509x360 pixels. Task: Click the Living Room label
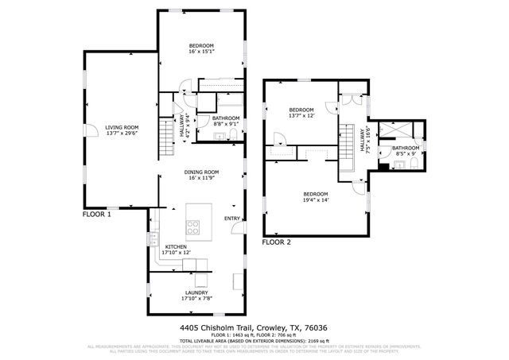122,127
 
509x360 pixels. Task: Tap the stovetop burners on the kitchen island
193,228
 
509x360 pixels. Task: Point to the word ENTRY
232,219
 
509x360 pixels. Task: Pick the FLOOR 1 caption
96,215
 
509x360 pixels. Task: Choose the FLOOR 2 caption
277,242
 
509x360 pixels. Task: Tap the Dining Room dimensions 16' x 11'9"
204,178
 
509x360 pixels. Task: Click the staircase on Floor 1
165,140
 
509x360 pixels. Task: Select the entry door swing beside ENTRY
236,229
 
